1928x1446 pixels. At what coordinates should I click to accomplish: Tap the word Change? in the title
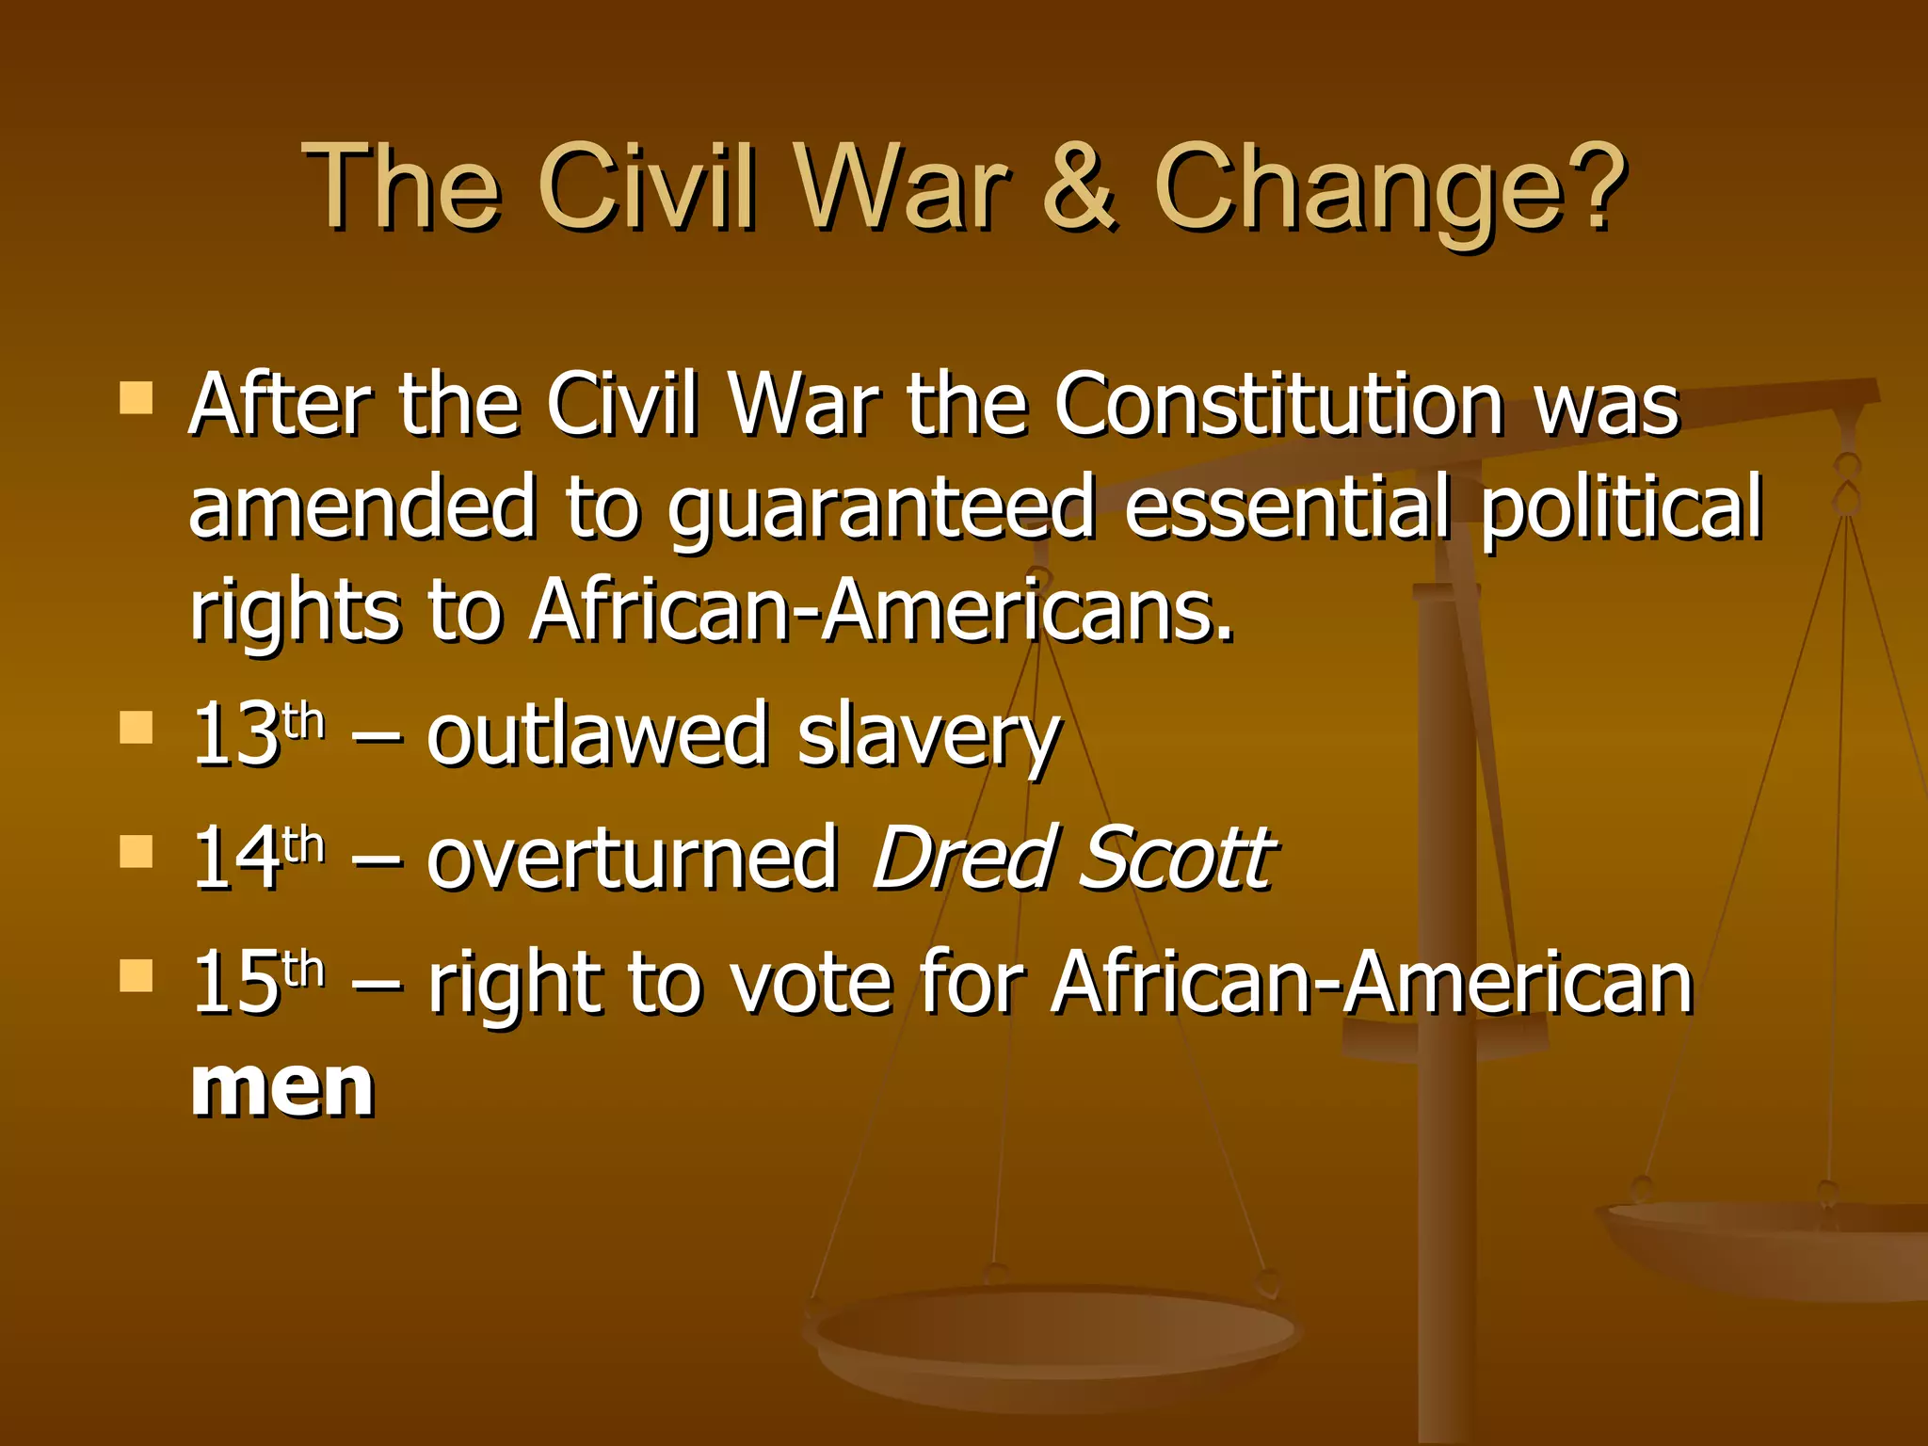pos(1390,188)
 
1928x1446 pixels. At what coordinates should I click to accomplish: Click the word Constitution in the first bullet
pos(1277,405)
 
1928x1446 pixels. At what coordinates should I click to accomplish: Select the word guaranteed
pos(881,508)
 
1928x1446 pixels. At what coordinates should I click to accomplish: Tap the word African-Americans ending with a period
pos(881,610)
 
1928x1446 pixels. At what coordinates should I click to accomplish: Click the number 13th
pos(257,734)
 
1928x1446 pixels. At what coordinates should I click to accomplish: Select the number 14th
pos(257,857)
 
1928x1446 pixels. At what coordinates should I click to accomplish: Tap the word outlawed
pos(598,734)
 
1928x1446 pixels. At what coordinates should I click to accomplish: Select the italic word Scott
pos(1177,857)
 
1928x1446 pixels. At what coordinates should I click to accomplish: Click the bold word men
pos(282,1087)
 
